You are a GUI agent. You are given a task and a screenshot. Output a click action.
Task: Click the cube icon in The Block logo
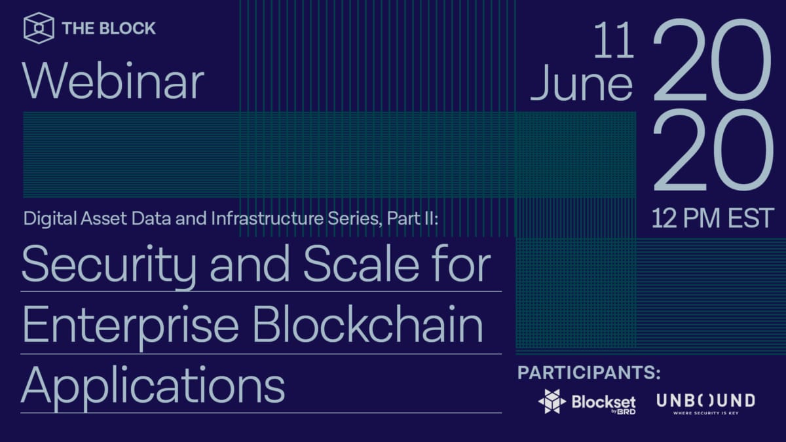(x=39, y=28)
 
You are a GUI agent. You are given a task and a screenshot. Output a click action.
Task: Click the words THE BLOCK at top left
(x=109, y=29)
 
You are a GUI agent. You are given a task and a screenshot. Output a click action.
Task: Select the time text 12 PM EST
(x=713, y=218)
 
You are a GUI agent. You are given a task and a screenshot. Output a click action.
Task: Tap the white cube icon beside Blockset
(x=552, y=401)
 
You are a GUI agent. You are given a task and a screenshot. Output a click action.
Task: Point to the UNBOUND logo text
(x=705, y=399)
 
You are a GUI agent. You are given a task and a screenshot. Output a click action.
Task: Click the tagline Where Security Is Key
(x=705, y=413)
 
